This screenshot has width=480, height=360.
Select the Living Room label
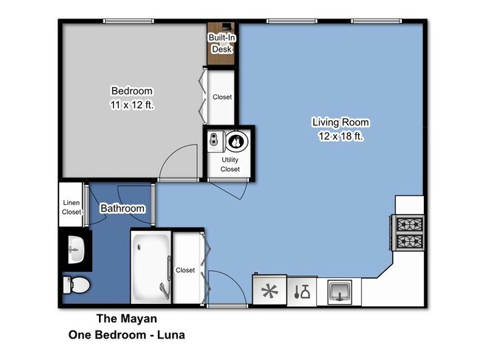pyautogui.click(x=340, y=122)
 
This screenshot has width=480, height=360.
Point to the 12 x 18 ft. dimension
pyautogui.click(x=340, y=136)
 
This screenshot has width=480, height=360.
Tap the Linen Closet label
pyautogui.click(x=72, y=207)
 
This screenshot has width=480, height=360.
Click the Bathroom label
pyautogui.click(x=123, y=209)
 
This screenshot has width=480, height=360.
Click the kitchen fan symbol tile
pyautogui.click(x=269, y=291)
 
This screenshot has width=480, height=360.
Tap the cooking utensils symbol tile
pyautogui.click(x=302, y=291)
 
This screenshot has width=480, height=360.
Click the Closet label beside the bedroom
pyautogui.click(x=222, y=97)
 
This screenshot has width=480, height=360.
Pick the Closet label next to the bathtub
pyautogui.click(x=185, y=270)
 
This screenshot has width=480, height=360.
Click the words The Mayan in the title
pyautogui.click(x=126, y=319)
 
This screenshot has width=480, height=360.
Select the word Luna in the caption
pyautogui.click(x=170, y=334)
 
